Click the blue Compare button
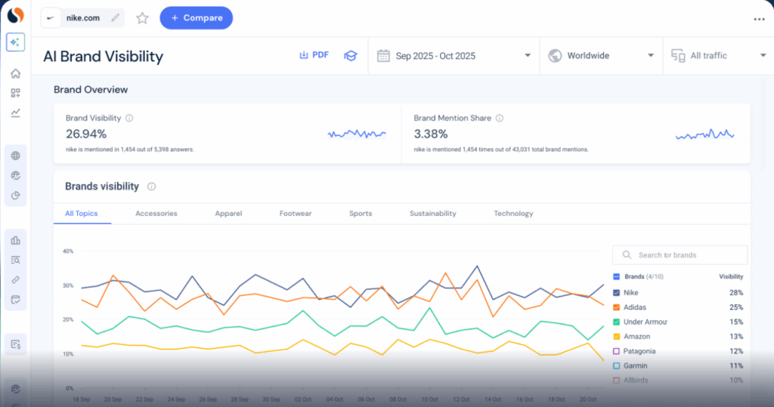(196, 18)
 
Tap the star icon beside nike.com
(142, 18)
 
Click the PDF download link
(314, 55)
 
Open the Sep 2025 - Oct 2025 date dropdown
(454, 56)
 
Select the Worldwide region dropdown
(601, 56)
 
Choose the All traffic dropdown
(718, 56)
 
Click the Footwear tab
(295, 214)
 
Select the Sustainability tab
(432, 214)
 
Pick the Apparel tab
(228, 214)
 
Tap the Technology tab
(513, 214)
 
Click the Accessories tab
(156, 214)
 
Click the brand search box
(680, 255)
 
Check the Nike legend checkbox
(617, 292)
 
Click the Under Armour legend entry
(645, 322)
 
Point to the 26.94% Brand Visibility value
(86, 134)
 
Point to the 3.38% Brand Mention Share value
(431, 134)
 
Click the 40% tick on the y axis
(67, 251)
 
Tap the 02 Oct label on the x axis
(302, 398)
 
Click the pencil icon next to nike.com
(115, 17)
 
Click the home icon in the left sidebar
(15, 73)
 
